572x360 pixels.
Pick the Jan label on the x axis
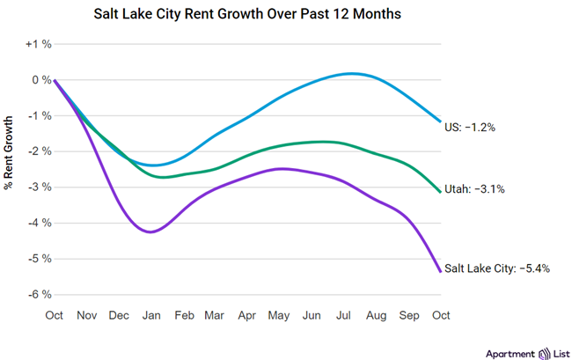(x=151, y=315)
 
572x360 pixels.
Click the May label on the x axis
(x=280, y=315)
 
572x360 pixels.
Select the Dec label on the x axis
(x=119, y=315)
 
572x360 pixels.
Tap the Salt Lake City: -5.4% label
(x=497, y=268)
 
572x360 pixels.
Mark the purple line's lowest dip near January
(x=151, y=232)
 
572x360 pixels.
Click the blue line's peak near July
(x=352, y=73)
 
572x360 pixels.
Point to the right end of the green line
(x=440, y=191)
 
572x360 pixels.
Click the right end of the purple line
(x=440, y=271)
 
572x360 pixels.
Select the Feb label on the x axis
(x=183, y=315)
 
